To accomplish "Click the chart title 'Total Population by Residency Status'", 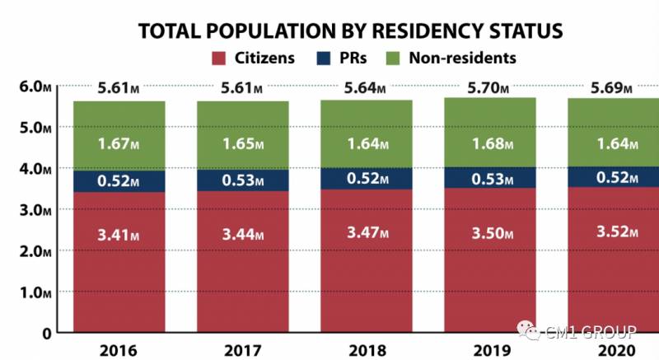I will [x=350, y=31].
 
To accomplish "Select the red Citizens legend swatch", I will [x=219, y=58].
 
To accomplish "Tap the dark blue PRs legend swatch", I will [x=325, y=58].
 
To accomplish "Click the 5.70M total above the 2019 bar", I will [x=490, y=86].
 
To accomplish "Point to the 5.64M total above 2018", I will [x=367, y=88].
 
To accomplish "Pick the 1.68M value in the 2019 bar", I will [x=490, y=143].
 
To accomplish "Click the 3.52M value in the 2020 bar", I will [x=613, y=231].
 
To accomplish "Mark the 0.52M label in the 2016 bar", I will [x=119, y=181].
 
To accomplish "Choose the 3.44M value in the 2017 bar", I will [x=242, y=235].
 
